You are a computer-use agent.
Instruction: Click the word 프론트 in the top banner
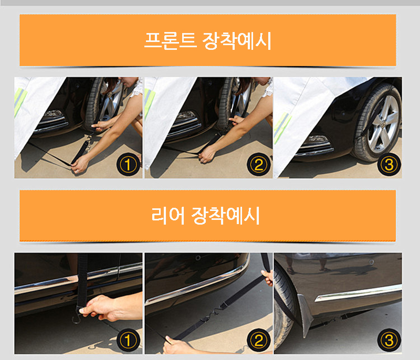click(170, 41)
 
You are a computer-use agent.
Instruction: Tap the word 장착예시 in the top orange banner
click(237, 41)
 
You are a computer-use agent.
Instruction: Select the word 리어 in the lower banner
click(168, 216)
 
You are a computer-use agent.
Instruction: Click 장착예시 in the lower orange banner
click(226, 216)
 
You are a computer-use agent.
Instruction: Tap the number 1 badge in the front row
click(128, 164)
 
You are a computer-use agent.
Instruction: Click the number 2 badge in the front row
click(258, 164)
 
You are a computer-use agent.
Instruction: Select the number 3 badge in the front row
click(389, 164)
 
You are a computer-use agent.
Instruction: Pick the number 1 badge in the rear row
click(128, 341)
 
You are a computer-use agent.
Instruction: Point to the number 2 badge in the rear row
click(258, 341)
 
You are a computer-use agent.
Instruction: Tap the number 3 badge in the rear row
click(389, 341)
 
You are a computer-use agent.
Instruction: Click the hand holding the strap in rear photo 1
click(107, 308)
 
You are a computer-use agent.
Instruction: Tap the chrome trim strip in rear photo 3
click(358, 292)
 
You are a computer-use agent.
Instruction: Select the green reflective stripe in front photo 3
click(283, 124)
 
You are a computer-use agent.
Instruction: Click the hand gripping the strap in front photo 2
click(206, 155)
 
